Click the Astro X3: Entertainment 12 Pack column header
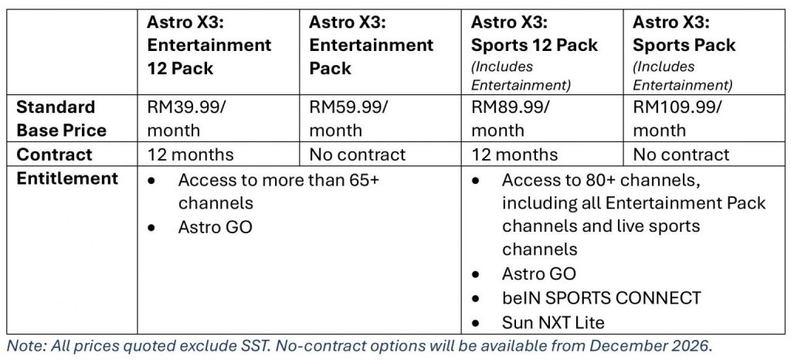point(209,46)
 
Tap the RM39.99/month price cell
point(184,118)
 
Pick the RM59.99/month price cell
point(348,118)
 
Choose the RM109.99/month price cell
point(677,118)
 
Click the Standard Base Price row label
point(62,118)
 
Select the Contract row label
point(55,155)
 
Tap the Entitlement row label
point(67,178)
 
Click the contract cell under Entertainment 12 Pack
point(190,155)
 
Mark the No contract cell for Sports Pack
point(681,155)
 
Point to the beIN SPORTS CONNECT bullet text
point(601,297)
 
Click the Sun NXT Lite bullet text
point(553,321)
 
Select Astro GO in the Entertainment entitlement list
point(215,227)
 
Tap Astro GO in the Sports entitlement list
point(538,273)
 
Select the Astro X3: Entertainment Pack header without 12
point(372,46)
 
